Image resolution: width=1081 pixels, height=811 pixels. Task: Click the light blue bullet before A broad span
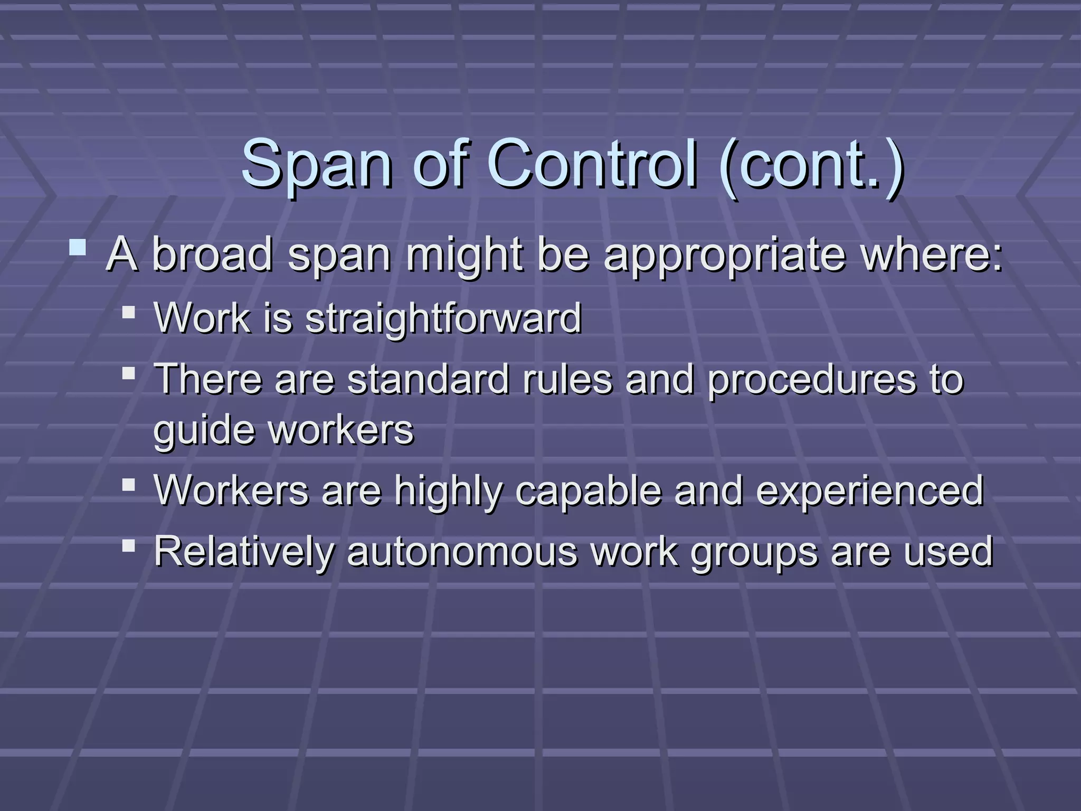(78, 248)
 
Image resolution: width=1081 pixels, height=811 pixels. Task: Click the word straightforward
(443, 318)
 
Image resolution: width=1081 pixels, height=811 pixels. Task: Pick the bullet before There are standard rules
(128, 374)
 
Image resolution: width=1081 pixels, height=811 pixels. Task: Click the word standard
(428, 379)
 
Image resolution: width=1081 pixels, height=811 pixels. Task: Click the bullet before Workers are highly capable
(128, 485)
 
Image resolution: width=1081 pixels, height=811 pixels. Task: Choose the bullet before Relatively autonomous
(128, 545)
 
